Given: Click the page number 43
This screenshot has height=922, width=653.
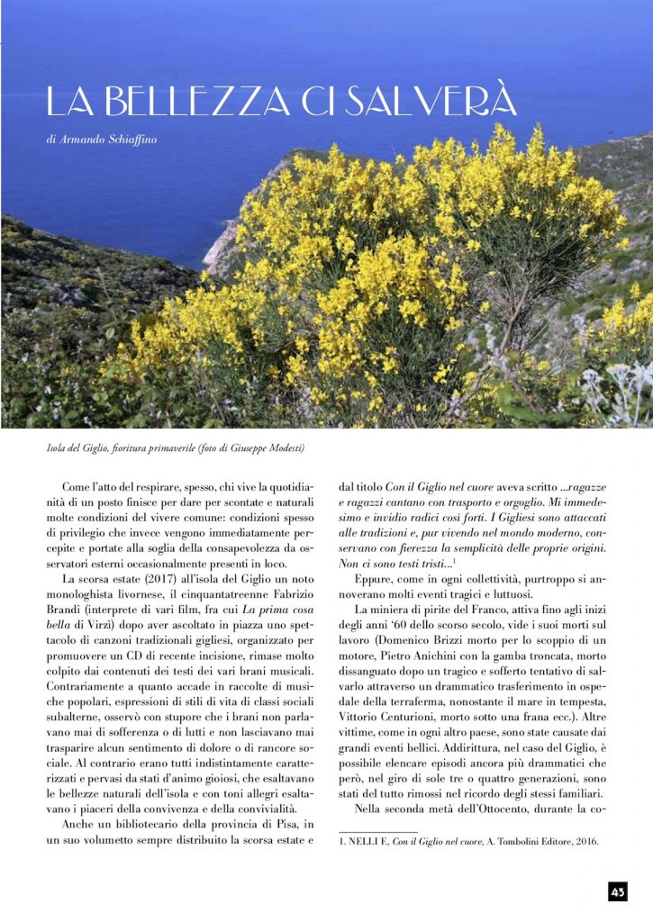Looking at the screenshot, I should point(617,891).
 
